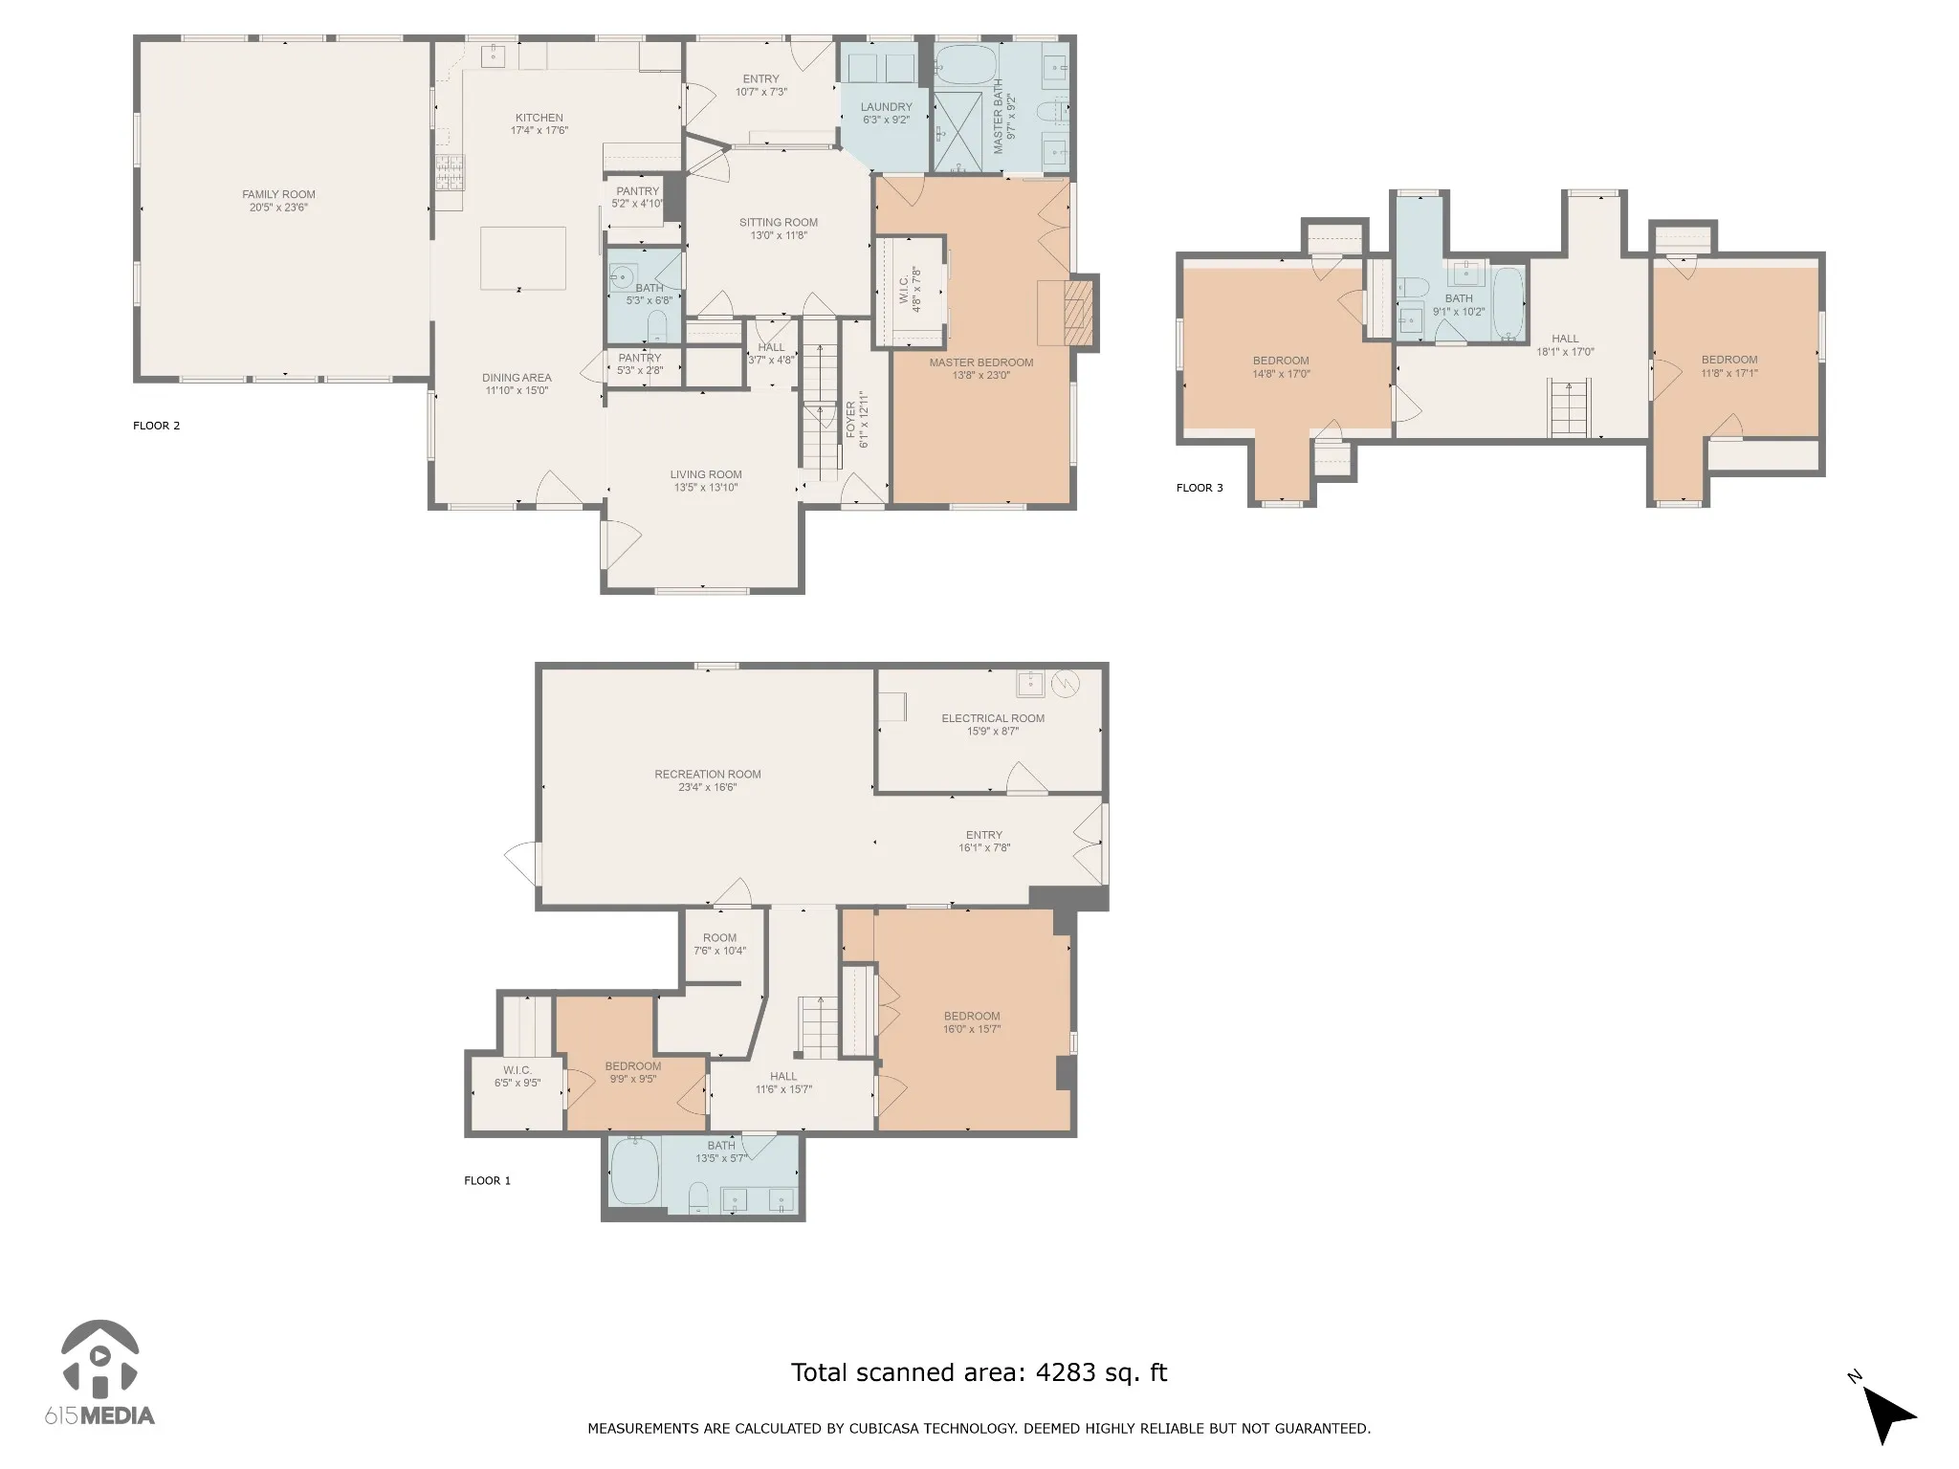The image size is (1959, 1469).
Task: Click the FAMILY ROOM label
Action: tap(278, 195)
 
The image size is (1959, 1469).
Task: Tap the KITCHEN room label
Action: tap(539, 119)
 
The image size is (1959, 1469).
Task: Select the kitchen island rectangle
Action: tap(522, 258)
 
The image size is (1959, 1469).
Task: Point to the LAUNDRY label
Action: tap(886, 107)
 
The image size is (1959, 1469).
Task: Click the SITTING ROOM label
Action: tap(779, 223)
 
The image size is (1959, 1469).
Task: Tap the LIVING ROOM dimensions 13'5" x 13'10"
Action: tap(706, 488)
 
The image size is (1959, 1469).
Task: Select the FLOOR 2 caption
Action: tap(157, 426)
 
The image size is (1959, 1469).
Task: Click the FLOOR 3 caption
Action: tap(1200, 488)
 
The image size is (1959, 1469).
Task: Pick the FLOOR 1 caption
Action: tap(488, 1180)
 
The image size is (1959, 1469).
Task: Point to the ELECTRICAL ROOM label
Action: tap(993, 718)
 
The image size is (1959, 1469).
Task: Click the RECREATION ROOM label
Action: tap(708, 775)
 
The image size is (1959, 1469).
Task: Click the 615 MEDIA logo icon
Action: tap(99, 1359)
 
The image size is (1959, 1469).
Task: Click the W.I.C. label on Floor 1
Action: tap(517, 1070)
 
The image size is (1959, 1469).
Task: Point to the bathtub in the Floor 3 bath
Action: tap(1508, 304)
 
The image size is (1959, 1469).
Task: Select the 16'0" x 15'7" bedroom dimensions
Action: tap(972, 1029)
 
